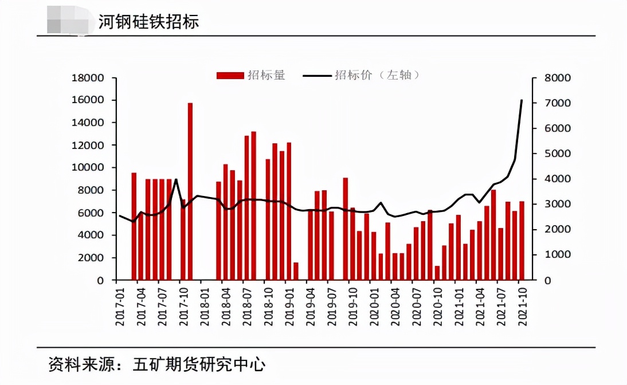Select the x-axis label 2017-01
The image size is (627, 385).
[x=120, y=307]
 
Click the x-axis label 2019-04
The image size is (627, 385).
[x=311, y=307]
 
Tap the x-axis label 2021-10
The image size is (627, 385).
[x=522, y=307]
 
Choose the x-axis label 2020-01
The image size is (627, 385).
[x=374, y=307]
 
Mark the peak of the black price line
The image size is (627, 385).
[x=522, y=100]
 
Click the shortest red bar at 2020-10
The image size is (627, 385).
[x=437, y=273]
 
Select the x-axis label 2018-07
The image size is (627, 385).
[x=247, y=307]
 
